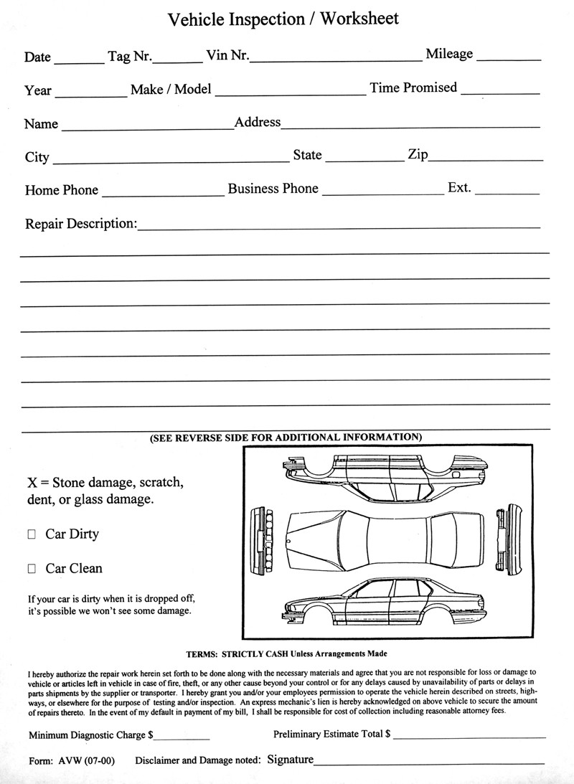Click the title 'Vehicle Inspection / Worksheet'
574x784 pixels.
(283, 19)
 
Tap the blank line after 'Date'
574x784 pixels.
(78, 63)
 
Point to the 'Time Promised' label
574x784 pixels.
(413, 88)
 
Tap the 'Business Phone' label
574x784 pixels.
(273, 189)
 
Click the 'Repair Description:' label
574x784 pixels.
(81, 223)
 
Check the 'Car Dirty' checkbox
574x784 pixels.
(32, 534)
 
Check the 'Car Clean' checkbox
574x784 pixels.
(32, 569)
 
